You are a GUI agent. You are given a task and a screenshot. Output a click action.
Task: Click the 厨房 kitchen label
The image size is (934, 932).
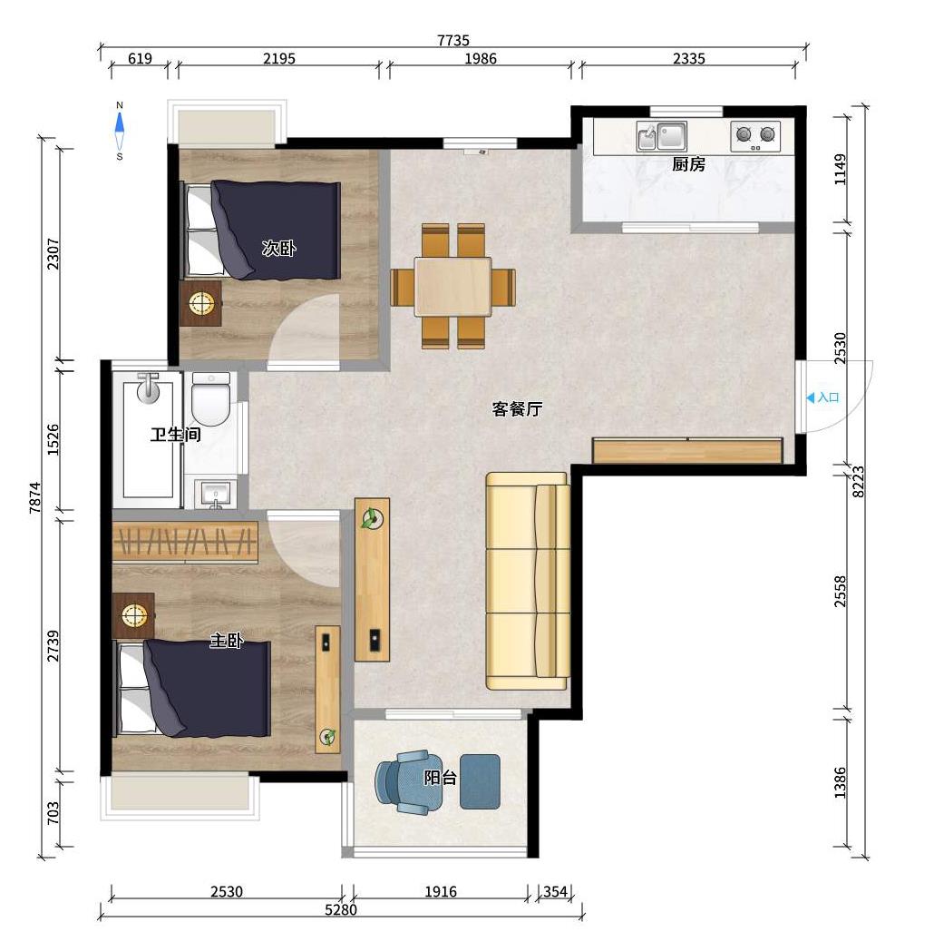[688, 164]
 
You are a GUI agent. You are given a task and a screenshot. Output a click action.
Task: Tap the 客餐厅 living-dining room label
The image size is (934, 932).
[517, 409]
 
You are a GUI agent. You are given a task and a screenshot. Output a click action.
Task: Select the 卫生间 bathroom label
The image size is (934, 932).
[175, 434]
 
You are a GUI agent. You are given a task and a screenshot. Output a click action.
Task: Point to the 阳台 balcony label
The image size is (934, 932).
[440, 778]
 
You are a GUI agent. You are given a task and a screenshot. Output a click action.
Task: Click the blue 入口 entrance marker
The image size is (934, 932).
[822, 397]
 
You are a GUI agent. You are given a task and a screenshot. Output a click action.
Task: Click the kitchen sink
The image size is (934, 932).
[661, 136]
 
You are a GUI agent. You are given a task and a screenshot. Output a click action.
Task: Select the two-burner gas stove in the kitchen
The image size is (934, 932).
[755, 136]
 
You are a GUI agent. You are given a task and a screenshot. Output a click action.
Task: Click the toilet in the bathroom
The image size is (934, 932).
[211, 399]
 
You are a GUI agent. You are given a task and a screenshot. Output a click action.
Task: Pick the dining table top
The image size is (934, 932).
[452, 286]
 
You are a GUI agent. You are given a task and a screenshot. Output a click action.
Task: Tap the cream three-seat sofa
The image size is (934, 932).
[528, 581]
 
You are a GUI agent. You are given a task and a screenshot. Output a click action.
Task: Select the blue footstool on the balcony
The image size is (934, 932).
[480, 781]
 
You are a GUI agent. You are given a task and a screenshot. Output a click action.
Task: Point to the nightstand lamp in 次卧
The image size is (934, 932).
[200, 303]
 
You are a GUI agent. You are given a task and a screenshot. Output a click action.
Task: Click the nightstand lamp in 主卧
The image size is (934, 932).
[134, 615]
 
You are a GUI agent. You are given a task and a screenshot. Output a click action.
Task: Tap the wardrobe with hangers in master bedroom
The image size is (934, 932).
[185, 542]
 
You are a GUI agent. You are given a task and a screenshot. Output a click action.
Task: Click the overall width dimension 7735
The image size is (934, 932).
[453, 40]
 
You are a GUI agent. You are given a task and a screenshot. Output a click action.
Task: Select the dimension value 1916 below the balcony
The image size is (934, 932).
[441, 891]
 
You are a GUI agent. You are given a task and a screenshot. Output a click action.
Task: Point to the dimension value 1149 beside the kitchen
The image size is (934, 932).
[840, 170]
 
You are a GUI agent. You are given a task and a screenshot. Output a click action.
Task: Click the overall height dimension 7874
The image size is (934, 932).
[35, 497]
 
